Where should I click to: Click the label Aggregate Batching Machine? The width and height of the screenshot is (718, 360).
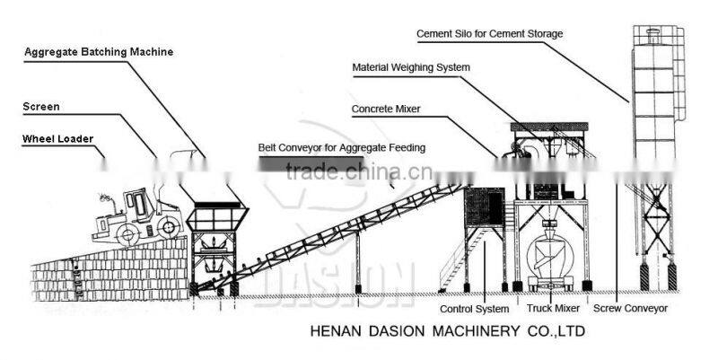click(98, 52)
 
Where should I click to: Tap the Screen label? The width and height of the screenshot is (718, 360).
click(41, 107)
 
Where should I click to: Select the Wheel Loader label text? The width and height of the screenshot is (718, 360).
click(57, 138)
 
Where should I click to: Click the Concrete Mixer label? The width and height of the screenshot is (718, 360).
click(385, 109)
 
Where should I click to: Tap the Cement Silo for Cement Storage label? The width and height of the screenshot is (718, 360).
click(489, 34)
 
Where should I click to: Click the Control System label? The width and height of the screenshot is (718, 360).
click(474, 309)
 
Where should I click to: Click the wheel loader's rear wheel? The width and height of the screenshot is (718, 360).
click(126, 234)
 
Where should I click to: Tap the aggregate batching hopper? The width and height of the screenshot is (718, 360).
click(215, 215)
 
